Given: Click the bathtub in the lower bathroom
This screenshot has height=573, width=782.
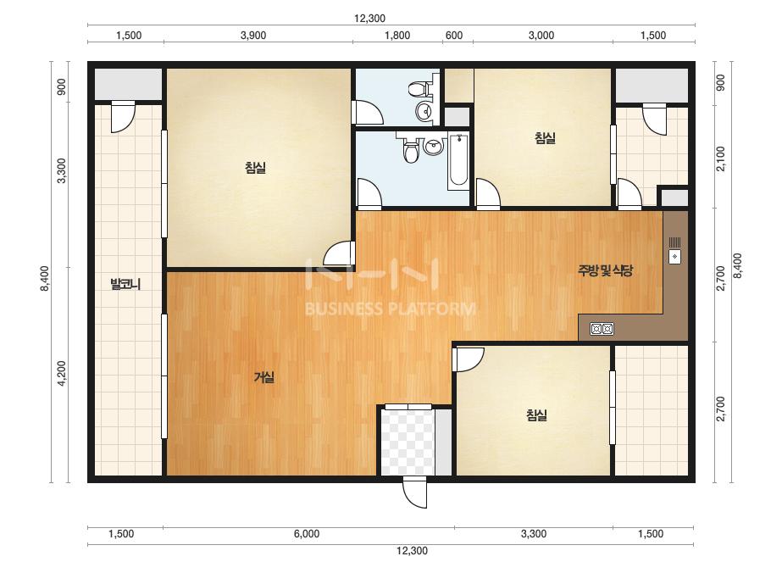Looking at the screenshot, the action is click(458, 161).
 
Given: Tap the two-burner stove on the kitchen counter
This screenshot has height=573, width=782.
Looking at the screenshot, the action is click(602, 329).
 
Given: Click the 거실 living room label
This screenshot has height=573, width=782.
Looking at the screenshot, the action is click(264, 378).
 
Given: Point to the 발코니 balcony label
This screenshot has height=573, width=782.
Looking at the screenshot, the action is click(125, 285).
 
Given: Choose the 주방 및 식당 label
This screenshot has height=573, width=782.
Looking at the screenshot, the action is click(605, 270).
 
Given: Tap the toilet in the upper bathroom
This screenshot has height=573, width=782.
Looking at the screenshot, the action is click(419, 89).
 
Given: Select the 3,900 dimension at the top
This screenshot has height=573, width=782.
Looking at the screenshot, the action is click(253, 36).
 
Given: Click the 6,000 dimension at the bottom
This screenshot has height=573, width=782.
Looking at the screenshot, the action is click(306, 534).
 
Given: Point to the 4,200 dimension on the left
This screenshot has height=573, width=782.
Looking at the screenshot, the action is click(61, 373).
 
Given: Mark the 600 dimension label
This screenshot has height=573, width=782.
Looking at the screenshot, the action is click(454, 36).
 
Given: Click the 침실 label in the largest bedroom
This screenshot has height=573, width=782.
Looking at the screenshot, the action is click(255, 168).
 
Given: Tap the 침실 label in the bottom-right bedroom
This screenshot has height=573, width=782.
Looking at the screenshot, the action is click(536, 415).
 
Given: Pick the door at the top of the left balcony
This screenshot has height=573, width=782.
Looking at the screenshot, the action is click(123, 117).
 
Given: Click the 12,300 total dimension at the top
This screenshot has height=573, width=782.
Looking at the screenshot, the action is click(369, 19).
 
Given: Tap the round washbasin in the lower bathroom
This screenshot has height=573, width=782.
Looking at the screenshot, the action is click(433, 147).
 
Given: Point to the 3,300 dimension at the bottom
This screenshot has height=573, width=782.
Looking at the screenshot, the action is click(534, 534).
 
